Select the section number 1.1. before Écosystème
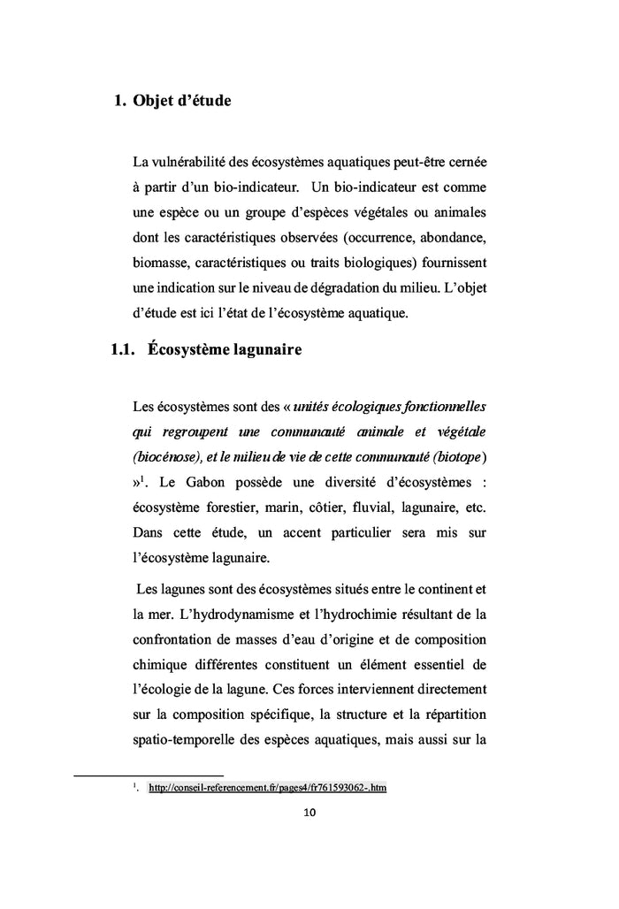click(115, 350)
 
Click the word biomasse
click(160, 263)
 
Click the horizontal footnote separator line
click(148, 776)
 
